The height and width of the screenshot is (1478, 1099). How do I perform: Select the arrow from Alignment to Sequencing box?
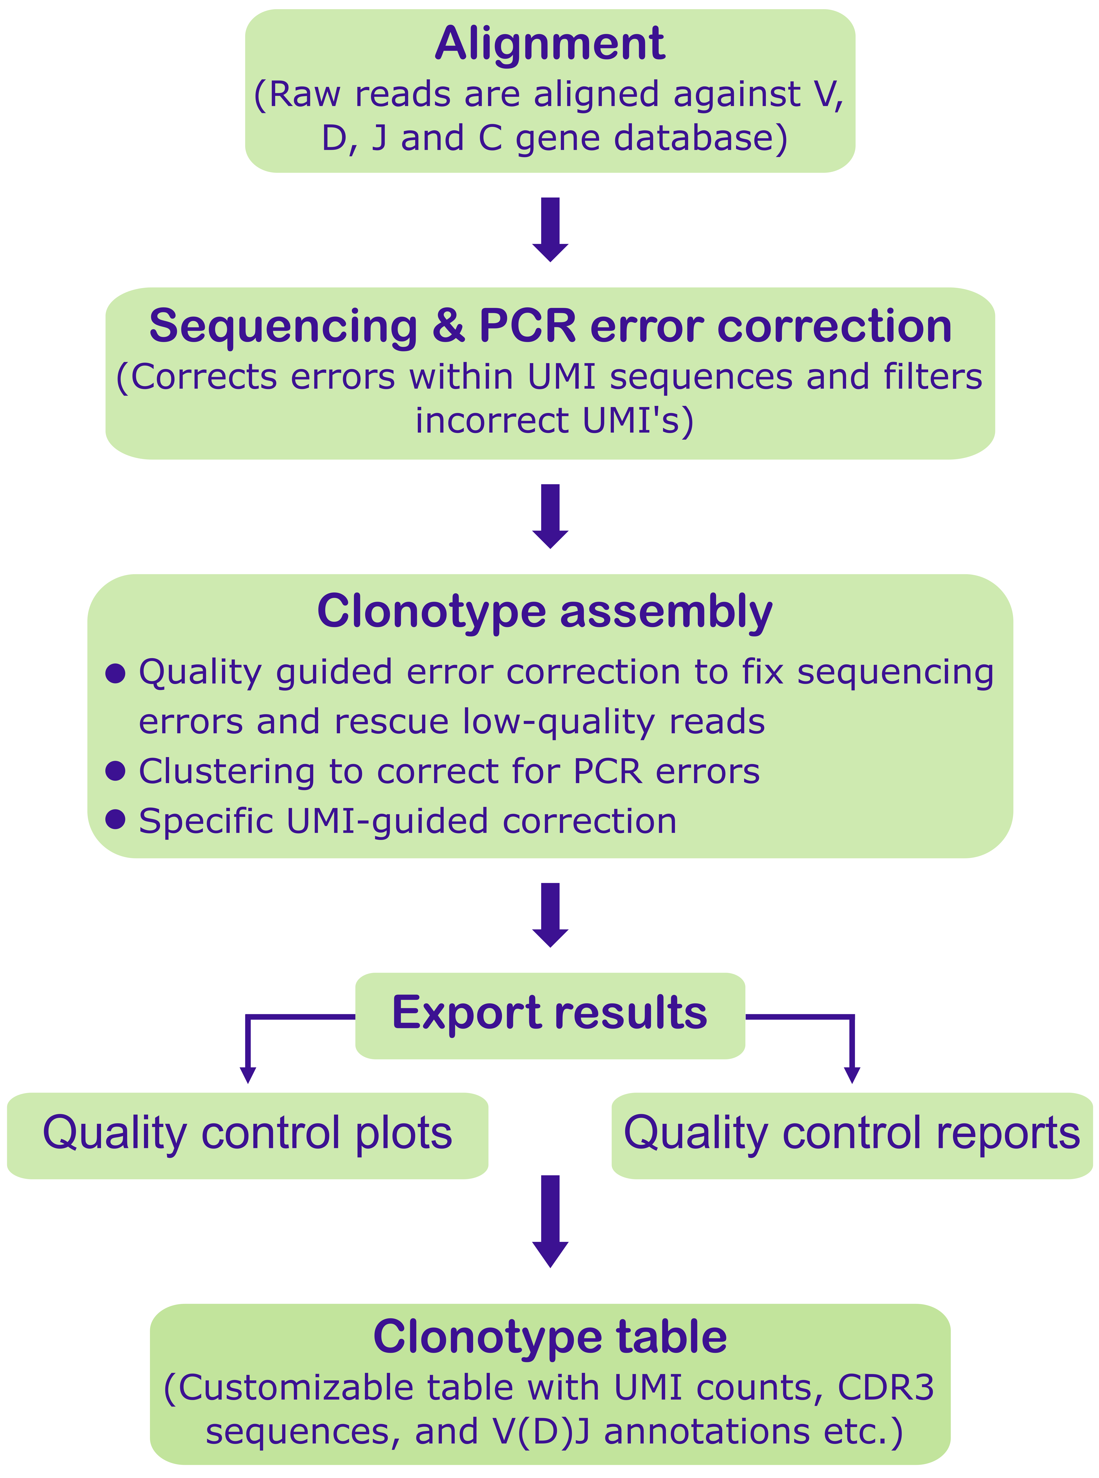point(550,230)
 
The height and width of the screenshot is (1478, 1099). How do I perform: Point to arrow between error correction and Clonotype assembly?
point(550,516)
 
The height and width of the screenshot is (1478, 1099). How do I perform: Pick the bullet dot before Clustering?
point(116,771)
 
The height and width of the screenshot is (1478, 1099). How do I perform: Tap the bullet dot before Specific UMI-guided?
point(116,820)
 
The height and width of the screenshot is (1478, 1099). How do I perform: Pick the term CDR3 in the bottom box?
point(885,1388)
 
